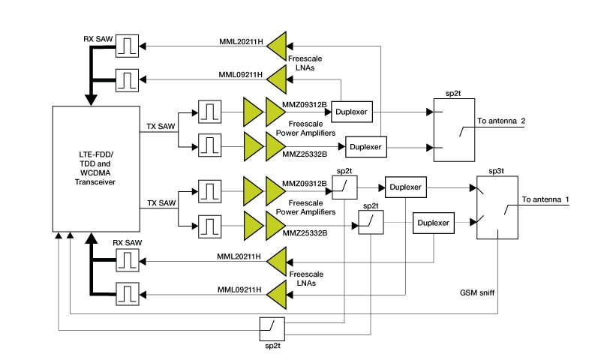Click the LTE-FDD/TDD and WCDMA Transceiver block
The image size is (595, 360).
96,169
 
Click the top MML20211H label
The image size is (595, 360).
241,42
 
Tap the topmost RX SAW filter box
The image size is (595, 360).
127,48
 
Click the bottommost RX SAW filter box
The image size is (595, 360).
127,290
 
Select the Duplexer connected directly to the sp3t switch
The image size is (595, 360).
434,223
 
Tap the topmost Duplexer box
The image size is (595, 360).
352,111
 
